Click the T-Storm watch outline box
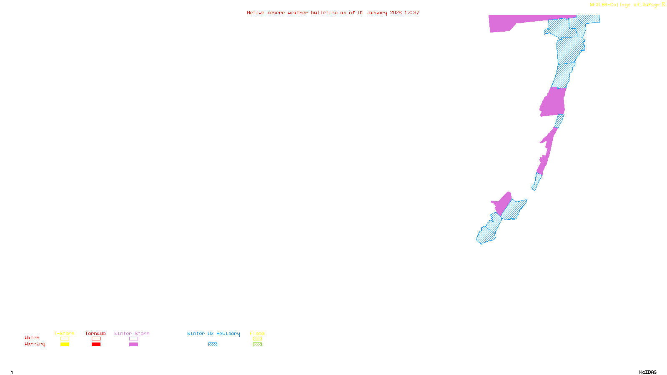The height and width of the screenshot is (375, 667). coord(65,339)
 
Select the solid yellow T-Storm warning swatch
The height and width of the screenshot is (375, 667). coord(65,345)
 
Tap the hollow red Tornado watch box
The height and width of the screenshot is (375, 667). coord(96,339)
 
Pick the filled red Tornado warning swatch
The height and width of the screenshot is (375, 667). coord(96,345)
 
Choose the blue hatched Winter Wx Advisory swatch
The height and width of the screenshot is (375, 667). coord(213,345)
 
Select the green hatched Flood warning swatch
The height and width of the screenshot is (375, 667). coord(257,345)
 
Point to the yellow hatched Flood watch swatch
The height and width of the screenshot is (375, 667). coord(257,339)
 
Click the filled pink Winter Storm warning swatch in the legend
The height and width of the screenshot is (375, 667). coord(133,345)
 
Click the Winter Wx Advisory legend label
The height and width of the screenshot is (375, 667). coord(213,333)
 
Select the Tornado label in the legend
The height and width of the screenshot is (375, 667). coord(95,333)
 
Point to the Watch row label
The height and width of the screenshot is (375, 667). coord(32,338)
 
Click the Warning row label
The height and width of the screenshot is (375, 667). coord(35,344)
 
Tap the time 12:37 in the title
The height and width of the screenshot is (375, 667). coord(412,12)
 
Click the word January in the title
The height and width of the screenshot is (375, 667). coord(377,12)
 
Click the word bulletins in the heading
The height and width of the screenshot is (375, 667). coord(324,12)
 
